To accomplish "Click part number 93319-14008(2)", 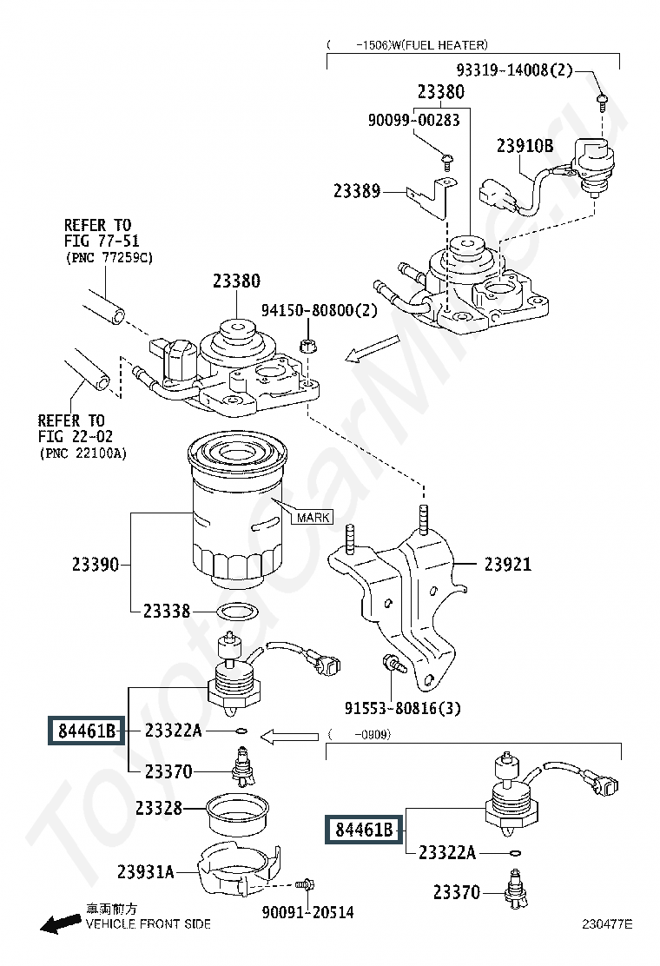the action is pos(514,70).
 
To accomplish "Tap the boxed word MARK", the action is pos(313,517).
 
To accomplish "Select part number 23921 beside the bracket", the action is pos(507,564).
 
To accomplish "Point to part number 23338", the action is pos(166,611).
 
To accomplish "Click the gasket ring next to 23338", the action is pos(235,613).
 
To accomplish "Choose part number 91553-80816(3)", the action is pos(402,708).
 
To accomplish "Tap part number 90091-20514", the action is pos(307,912).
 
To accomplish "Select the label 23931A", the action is pos(145,871).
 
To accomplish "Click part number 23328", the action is pos(158,808).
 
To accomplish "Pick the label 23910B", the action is pos(525,145).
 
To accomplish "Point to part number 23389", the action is pos(356,191).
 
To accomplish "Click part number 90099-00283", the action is pos(413,120).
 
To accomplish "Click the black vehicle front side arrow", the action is pos(60,923).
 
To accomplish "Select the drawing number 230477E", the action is pos(607,923).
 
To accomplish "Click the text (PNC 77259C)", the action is pos(109,257).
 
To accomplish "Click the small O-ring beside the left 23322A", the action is pos(241,731).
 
